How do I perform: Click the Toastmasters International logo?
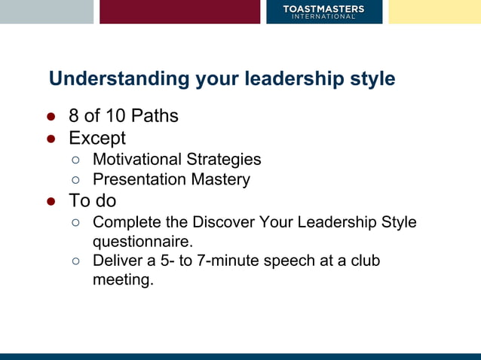click(323, 11)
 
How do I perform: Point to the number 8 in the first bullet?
click(74, 116)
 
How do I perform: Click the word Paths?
click(155, 116)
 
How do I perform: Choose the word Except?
click(97, 138)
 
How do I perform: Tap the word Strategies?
click(225, 160)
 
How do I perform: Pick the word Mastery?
click(222, 180)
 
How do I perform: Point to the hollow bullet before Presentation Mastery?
click(75, 180)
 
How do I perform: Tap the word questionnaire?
click(142, 242)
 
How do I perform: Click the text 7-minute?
click(226, 261)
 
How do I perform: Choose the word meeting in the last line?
click(122, 280)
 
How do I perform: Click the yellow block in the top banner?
click(434, 11)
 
